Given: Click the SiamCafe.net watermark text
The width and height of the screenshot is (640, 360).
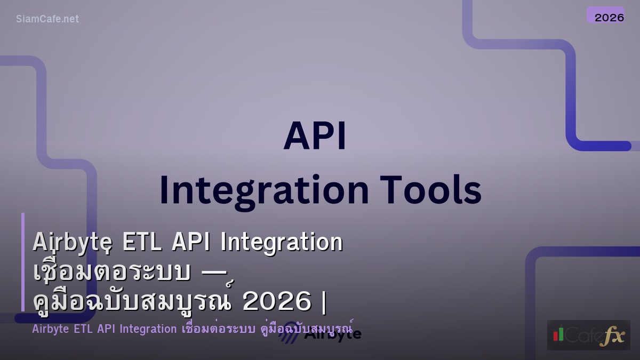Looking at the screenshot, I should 47,19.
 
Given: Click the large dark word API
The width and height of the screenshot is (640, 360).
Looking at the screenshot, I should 315,137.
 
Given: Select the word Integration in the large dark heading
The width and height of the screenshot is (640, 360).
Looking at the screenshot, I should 263,190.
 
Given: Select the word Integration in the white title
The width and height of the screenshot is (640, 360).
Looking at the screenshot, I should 281,243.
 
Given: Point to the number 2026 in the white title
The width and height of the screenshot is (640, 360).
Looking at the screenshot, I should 276,302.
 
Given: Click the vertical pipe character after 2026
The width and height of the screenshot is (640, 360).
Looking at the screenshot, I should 324,302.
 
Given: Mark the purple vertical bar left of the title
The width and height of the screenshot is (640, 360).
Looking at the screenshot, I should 23,261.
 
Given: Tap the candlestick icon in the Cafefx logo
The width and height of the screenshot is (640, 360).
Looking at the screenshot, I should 558,334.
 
